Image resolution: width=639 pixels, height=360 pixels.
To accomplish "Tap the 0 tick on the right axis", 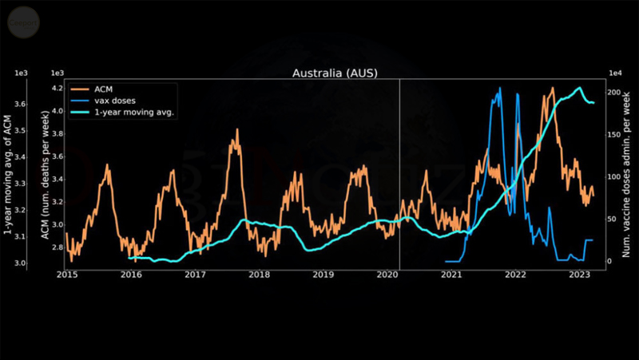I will (x=611, y=261).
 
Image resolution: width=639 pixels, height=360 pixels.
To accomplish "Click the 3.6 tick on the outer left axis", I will (x=21, y=104).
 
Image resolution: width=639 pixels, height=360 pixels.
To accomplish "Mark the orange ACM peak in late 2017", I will (x=236, y=130).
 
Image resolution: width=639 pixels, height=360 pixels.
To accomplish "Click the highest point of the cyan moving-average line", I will (x=579, y=88).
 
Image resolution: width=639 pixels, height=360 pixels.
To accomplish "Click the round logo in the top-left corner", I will (x=20, y=22).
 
